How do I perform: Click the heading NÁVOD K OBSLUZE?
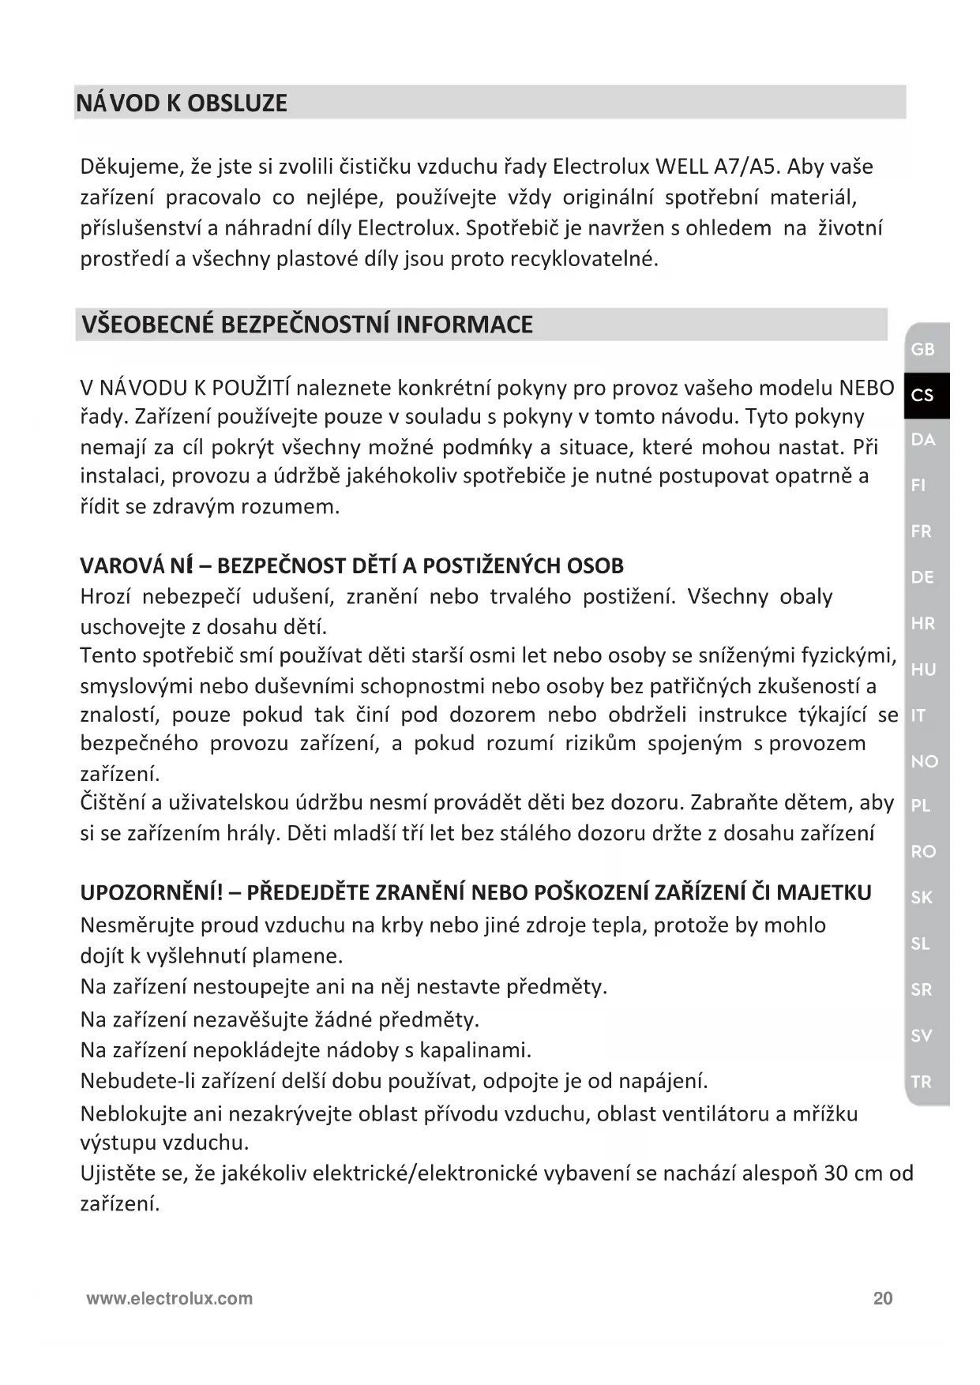[182, 103]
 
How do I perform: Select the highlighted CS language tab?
[922, 395]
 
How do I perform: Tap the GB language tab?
[922, 349]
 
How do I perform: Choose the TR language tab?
[921, 1082]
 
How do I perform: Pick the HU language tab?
[922, 670]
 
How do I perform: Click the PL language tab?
[921, 806]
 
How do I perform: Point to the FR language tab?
[921, 531]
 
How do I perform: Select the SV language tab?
[921, 1035]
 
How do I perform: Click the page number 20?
[883, 1298]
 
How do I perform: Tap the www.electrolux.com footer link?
[170, 1298]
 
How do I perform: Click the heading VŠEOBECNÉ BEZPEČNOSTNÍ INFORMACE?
[307, 325]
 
